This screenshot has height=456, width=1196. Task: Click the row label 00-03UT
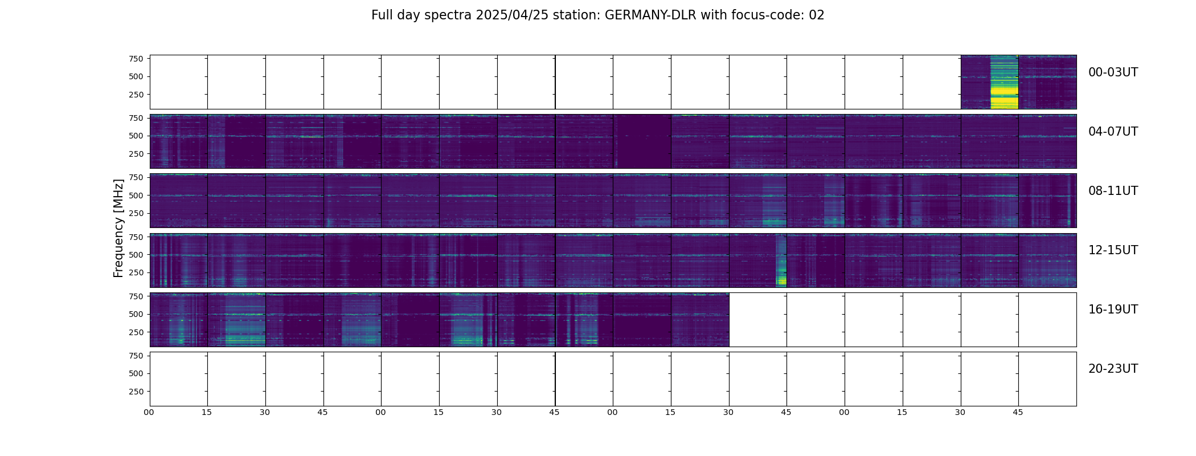pos(1113,72)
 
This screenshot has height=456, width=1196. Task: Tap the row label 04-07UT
pos(1113,132)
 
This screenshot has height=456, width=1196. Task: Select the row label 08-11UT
pos(1113,191)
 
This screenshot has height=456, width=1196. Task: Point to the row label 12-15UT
pos(1113,250)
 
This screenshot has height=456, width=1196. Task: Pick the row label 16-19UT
pos(1113,310)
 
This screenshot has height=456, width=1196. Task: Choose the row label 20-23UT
pos(1113,369)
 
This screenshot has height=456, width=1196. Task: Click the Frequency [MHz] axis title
pos(118,228)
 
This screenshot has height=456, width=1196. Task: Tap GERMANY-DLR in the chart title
pos(650,15)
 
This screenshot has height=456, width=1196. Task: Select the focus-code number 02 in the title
pos(816,15)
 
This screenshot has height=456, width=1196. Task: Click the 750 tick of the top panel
pos(136,59)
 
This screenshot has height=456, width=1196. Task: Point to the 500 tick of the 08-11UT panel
pos(136,196)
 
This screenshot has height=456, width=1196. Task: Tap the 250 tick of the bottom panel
pos(136,392)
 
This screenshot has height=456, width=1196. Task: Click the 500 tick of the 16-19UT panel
pos(136,314)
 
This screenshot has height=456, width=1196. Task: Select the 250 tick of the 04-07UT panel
pos(136,154)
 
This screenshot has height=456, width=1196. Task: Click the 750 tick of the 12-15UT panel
pos(136,237)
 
